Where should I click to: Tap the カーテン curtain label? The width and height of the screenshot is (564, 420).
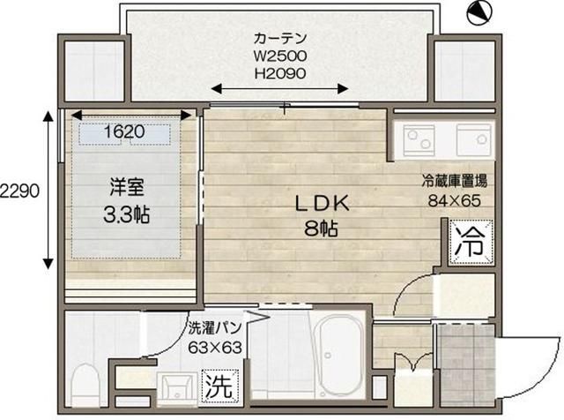(x=280, y=38)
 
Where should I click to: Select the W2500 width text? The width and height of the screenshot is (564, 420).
(x=280, y=56)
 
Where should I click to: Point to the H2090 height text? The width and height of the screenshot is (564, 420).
(x=280, y=73)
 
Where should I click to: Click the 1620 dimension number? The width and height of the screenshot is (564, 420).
(x=124, y=131)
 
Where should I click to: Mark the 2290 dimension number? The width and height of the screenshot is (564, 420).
(x=19, y=191)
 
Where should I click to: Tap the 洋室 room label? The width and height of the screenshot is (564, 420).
(x=127, y=188)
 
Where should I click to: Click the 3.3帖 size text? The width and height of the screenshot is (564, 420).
(x=127, y=214)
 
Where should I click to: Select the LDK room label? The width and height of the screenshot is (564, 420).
(x=322, y=204)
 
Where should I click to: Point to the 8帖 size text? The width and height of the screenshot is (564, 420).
(x=321, y=228)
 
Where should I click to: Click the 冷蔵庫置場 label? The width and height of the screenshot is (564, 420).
(x=455, y=181)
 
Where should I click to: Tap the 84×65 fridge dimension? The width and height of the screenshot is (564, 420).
(x=455, y=200)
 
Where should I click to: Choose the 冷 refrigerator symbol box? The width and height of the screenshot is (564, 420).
(x=471, y=242)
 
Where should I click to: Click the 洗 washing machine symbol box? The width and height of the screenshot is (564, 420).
(x=220, y=386)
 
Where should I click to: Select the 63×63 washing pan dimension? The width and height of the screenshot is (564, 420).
(x=215, y=348)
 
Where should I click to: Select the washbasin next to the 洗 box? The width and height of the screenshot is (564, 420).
(x=177, y=389)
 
